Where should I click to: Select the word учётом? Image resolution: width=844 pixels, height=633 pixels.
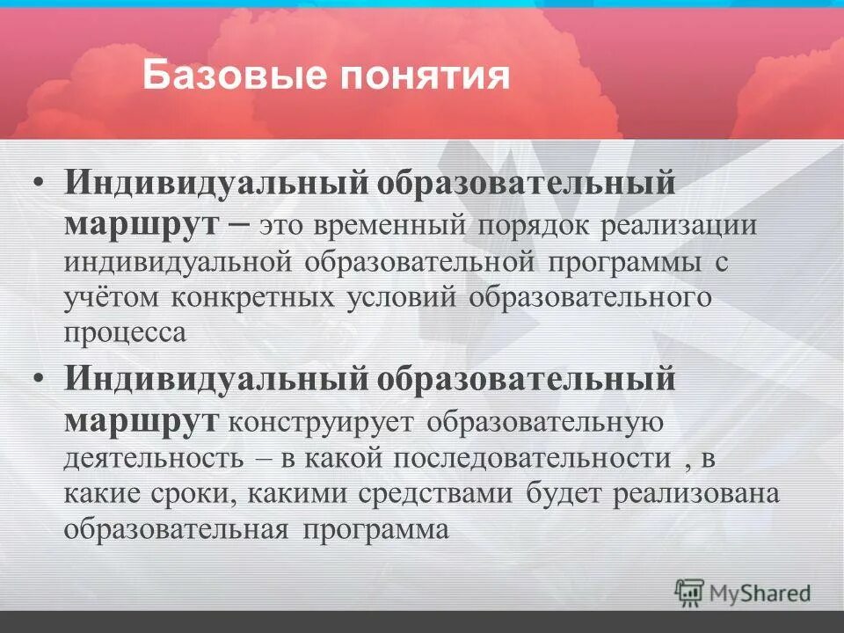click(111, 297)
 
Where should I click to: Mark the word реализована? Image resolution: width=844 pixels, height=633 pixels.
click(697, 494)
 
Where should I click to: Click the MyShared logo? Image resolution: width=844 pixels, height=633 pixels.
click(743, 593)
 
